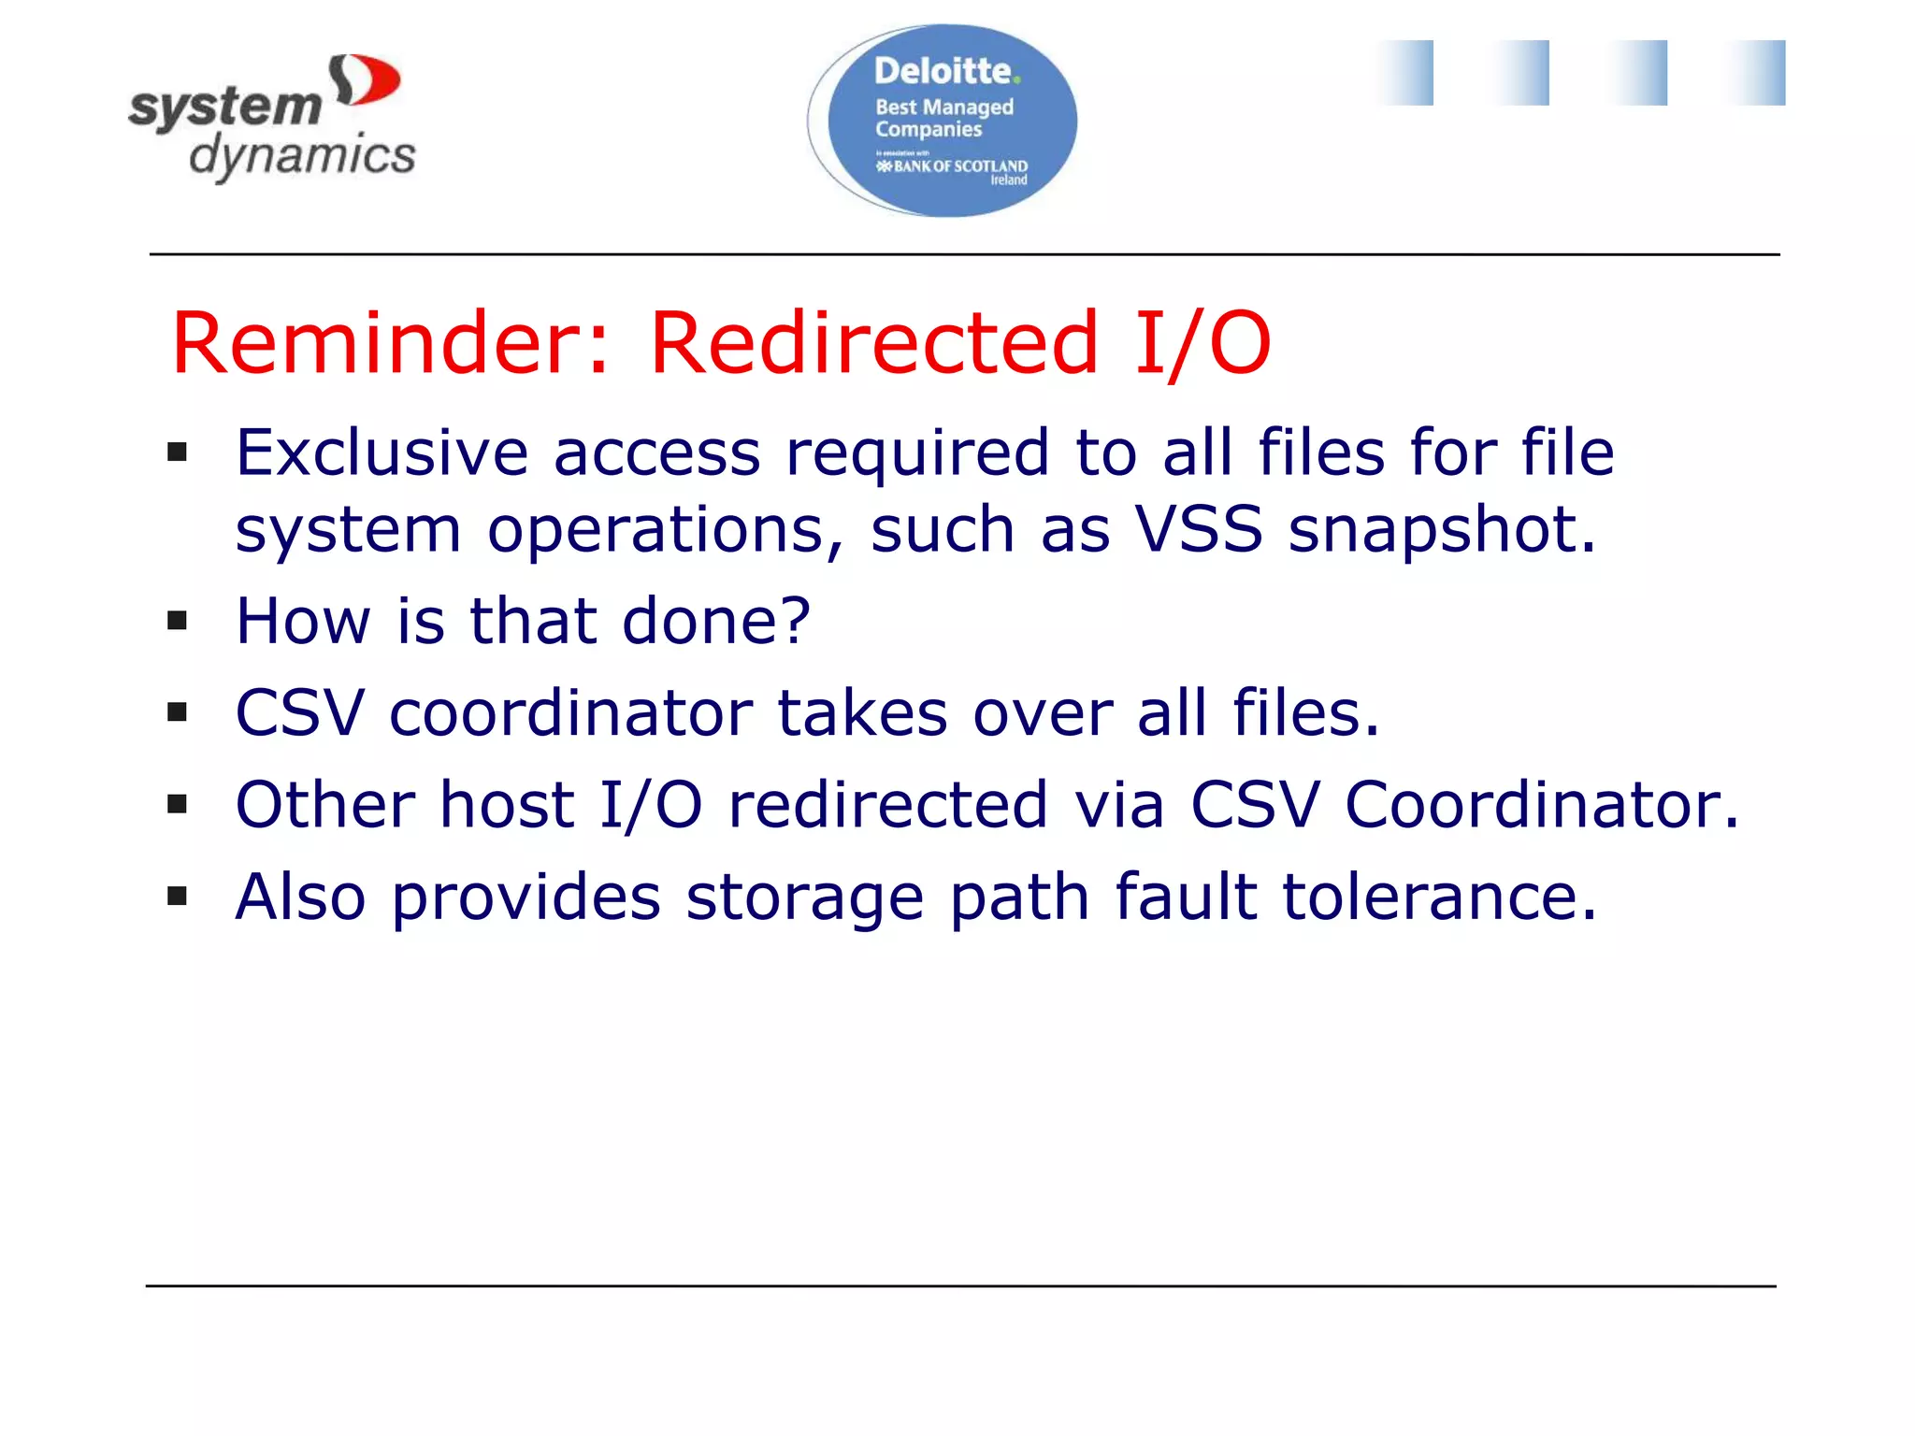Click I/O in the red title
point(1202,343)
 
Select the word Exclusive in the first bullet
point(382,452)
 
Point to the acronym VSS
point(1199,529)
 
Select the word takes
point(862,712)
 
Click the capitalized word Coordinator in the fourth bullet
point(1542,804)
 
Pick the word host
point(507,804)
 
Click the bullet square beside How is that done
point(177,620)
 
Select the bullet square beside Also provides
point(177,897)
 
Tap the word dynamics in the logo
point(302,155)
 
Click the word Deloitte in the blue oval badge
point(943,71)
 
